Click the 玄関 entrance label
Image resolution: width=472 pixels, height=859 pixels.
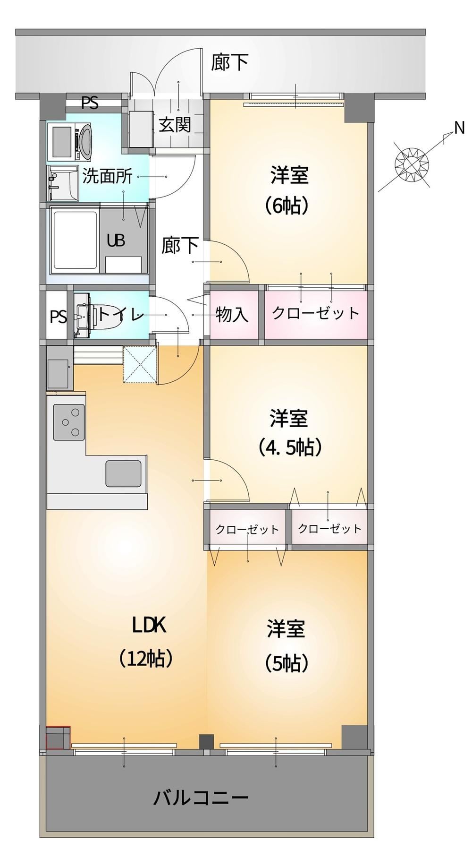174,124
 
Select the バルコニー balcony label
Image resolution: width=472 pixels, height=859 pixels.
201,798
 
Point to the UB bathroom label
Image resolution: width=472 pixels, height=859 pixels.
116,241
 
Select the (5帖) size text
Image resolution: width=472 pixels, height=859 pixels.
287,663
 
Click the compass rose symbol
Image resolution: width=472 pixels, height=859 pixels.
412,163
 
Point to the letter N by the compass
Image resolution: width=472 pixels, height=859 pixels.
459,128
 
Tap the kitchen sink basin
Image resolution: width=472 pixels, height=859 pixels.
123,473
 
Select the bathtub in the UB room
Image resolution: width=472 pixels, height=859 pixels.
76,241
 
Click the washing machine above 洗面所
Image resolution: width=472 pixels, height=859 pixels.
71,141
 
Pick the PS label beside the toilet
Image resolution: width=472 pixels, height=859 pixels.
59,317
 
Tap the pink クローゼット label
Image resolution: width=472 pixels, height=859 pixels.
316,313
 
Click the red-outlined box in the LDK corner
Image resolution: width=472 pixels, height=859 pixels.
58,738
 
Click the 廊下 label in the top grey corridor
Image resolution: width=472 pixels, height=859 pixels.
229,62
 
